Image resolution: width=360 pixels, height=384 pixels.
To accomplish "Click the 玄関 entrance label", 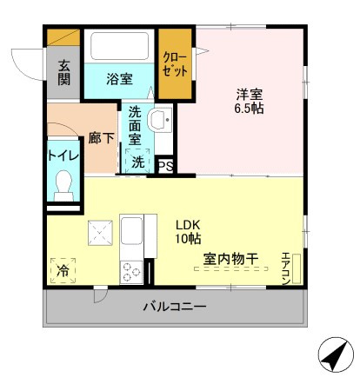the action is pyautogui.click(x=63, y=72).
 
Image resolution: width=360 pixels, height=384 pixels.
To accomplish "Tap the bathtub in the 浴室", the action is pyautogui.click(x=119, y=46).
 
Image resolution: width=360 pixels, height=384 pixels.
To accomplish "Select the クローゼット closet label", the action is pyautogui.click(x=175, y=64).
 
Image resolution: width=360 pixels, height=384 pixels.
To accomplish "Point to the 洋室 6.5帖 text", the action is pyautogui.click(x=249, y=101).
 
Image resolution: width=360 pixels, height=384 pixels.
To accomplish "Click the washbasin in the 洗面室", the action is pyautogui.click(x=160, y=120).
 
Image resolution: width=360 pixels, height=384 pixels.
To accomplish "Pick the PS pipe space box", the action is pyautogui.click(x=165, y=166).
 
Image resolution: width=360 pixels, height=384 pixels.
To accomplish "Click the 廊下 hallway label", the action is pyautogui.click(x=101, y=138).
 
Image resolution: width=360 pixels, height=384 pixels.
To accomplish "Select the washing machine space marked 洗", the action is pyautogui.click(x=137, y=162).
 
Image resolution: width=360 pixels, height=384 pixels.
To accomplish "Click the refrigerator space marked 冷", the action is pyautogui.click(x=63, y=271).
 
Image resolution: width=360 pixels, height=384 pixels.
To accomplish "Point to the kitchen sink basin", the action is pyautogui.click(x=131, y=231).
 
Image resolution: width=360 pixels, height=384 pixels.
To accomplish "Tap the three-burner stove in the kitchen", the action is pyautogui.click(x=131, y=272).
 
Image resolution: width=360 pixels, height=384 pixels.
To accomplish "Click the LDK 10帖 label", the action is pyautogui.click(x=188, y=231).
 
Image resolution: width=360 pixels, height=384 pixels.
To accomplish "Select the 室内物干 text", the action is pyautogui.click(x=230, y=259).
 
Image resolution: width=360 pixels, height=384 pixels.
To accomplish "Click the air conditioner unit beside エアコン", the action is pyautogui.click(x=297, y=268).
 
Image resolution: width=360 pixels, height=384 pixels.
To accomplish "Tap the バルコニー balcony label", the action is pyautogui.click(x=175, y=307).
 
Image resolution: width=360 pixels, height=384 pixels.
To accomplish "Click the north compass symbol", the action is pyautogui.click(x=336, y=354).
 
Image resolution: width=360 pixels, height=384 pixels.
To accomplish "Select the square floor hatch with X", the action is pyautogui.click(x=100, y=233).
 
